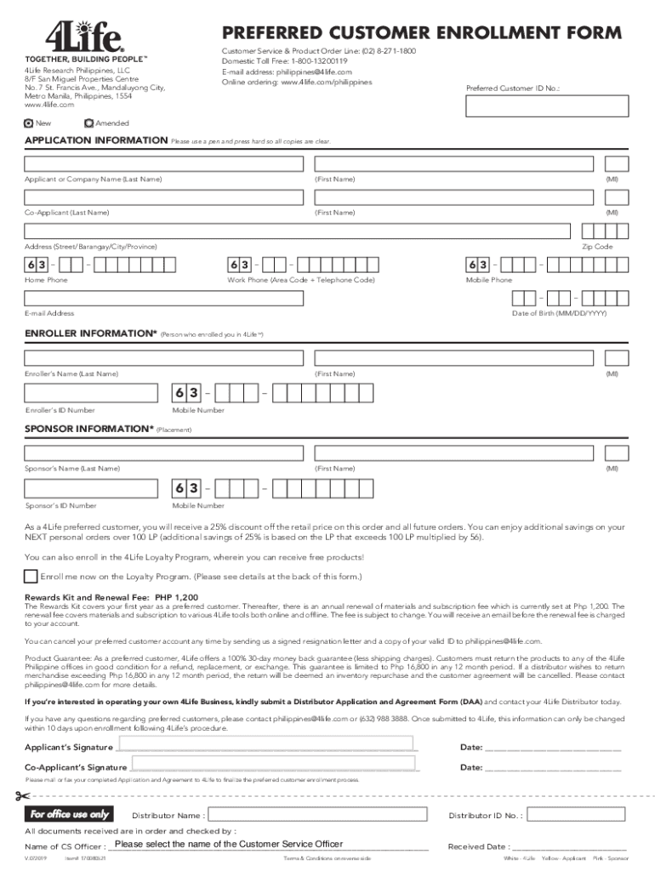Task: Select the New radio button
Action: pos(30,123)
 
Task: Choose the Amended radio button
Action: pos(90,123)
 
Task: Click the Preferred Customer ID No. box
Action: pos(547,105)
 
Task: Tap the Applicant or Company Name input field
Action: pos(163,163)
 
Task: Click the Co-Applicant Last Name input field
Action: pos(163,197)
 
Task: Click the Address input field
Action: pos(297,231)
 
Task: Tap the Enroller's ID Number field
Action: pos(91,394)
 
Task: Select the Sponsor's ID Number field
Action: pos(91,488)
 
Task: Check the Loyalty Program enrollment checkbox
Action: pos(31,576)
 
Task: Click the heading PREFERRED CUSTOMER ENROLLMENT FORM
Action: pos(421,34)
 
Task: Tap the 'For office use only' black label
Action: pos(70,815)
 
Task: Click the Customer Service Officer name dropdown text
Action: pos(229,844)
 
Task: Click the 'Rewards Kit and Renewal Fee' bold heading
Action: pos(111,597)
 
